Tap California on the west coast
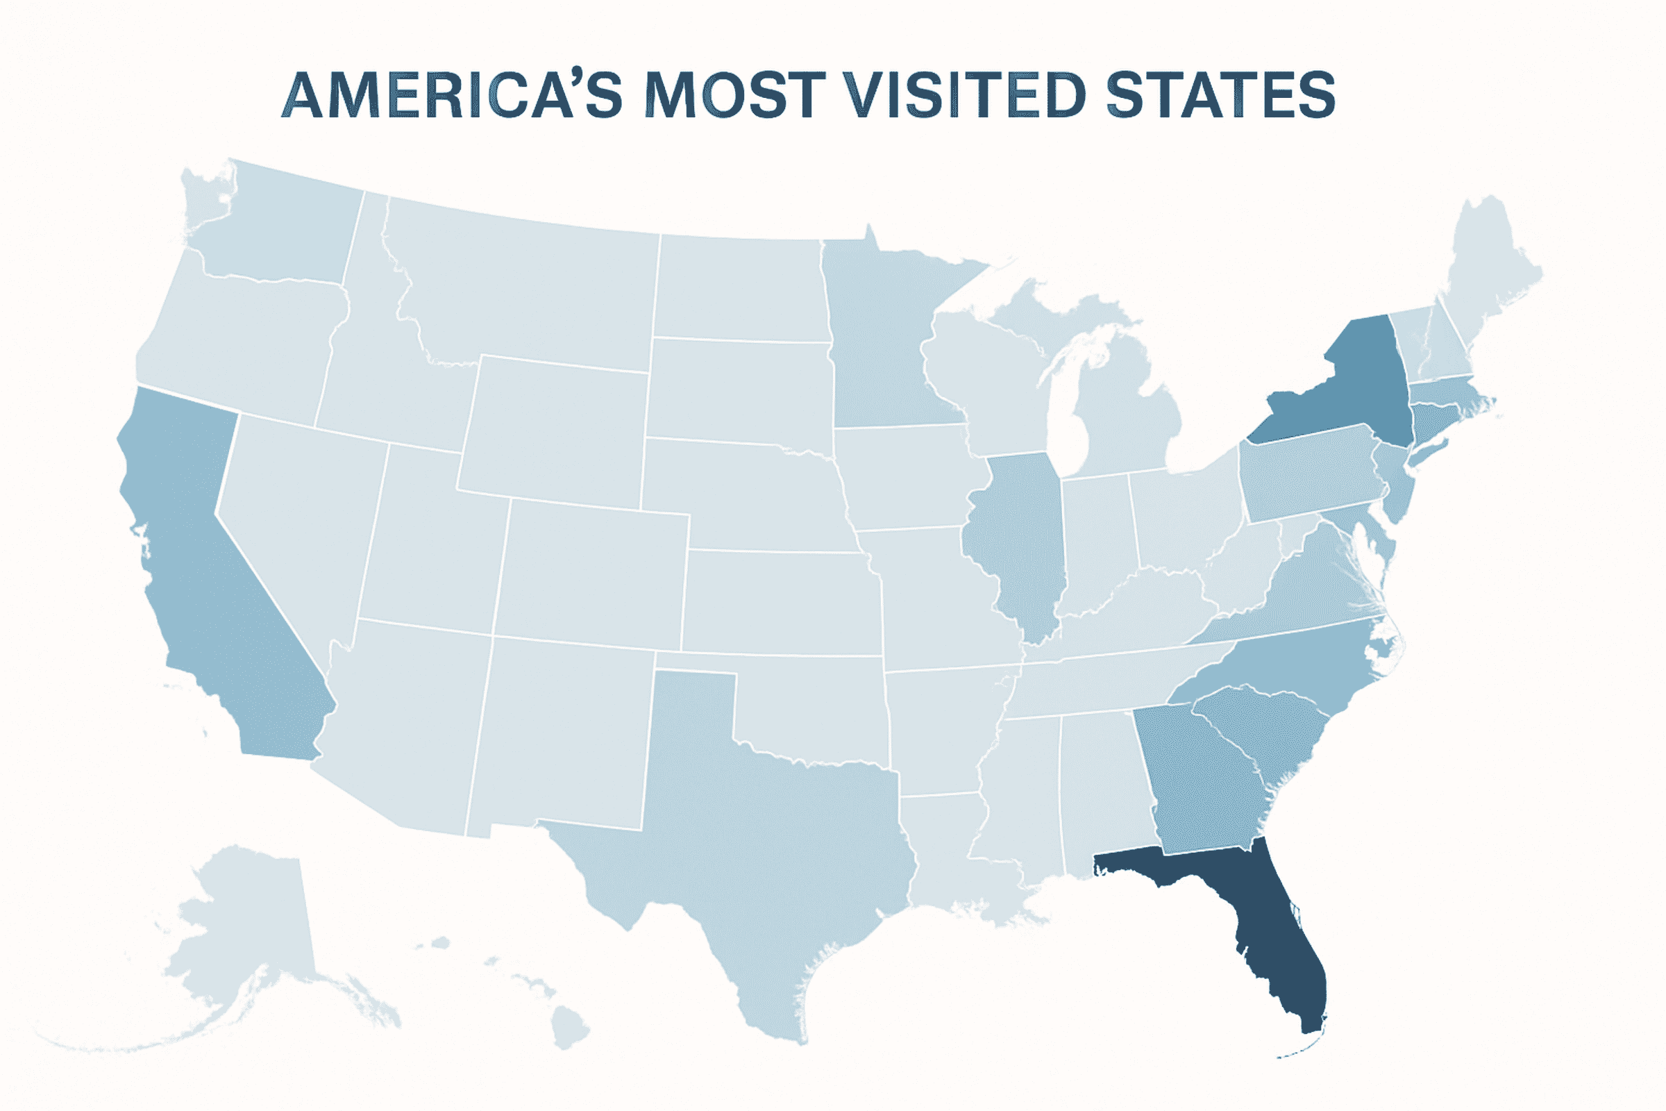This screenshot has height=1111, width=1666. click(x=212, y=602)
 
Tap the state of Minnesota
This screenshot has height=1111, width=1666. click(x=886, y=340)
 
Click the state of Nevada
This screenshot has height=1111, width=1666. click(x=298, y=517)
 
